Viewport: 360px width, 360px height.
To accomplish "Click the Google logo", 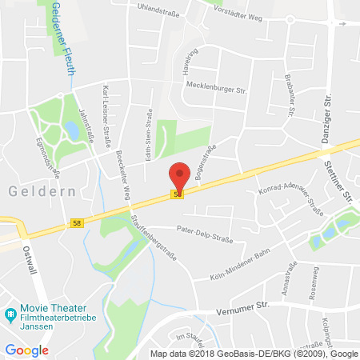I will click(26, 350).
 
